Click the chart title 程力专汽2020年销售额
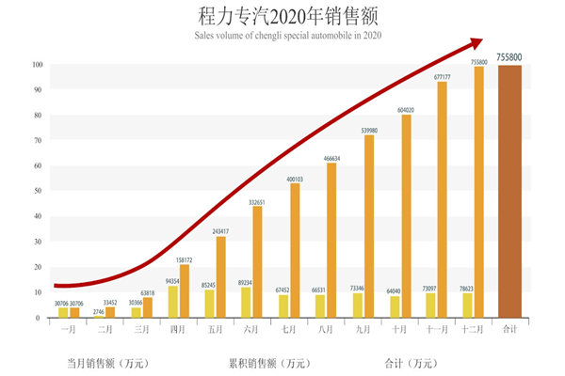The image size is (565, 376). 282,17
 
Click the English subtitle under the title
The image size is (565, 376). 282,36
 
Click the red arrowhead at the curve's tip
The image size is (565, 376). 475,43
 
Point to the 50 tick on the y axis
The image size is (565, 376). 37,191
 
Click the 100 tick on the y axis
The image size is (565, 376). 37,65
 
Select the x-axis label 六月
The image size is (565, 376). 250,330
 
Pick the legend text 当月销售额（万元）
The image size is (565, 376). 107,362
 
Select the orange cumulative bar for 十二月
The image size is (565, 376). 479,192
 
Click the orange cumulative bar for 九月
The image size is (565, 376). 369,226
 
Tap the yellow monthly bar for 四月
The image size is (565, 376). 172,301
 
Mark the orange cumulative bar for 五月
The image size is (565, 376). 221,276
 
